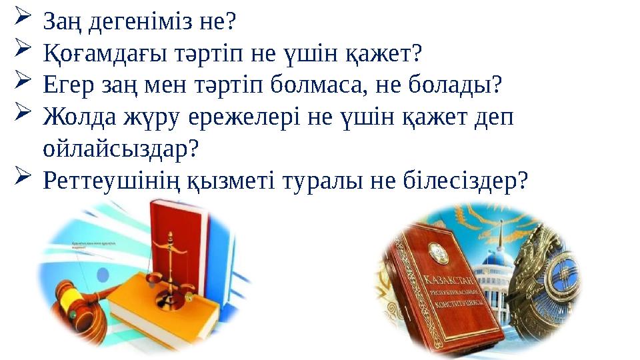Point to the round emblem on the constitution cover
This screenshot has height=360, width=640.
435,250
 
